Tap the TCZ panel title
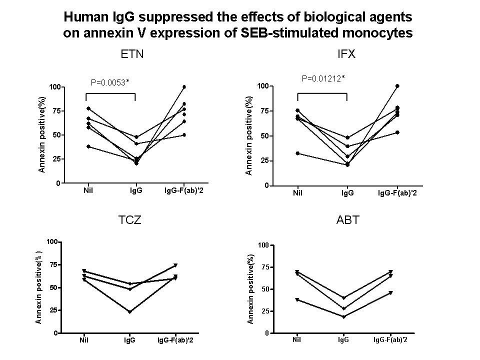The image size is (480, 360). [130, 220]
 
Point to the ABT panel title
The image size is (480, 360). [347, 220]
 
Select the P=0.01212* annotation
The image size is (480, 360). [323, 78]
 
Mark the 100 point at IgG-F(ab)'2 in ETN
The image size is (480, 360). [184, 87]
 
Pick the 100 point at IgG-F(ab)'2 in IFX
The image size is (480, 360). [397, 86]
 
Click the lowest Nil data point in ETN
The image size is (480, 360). [88, 146]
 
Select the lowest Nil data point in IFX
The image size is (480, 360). [297, 153]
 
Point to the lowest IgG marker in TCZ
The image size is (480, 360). [129, 312]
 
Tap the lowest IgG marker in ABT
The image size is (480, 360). [343, 317]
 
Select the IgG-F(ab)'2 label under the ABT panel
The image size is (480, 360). [390, 340]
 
